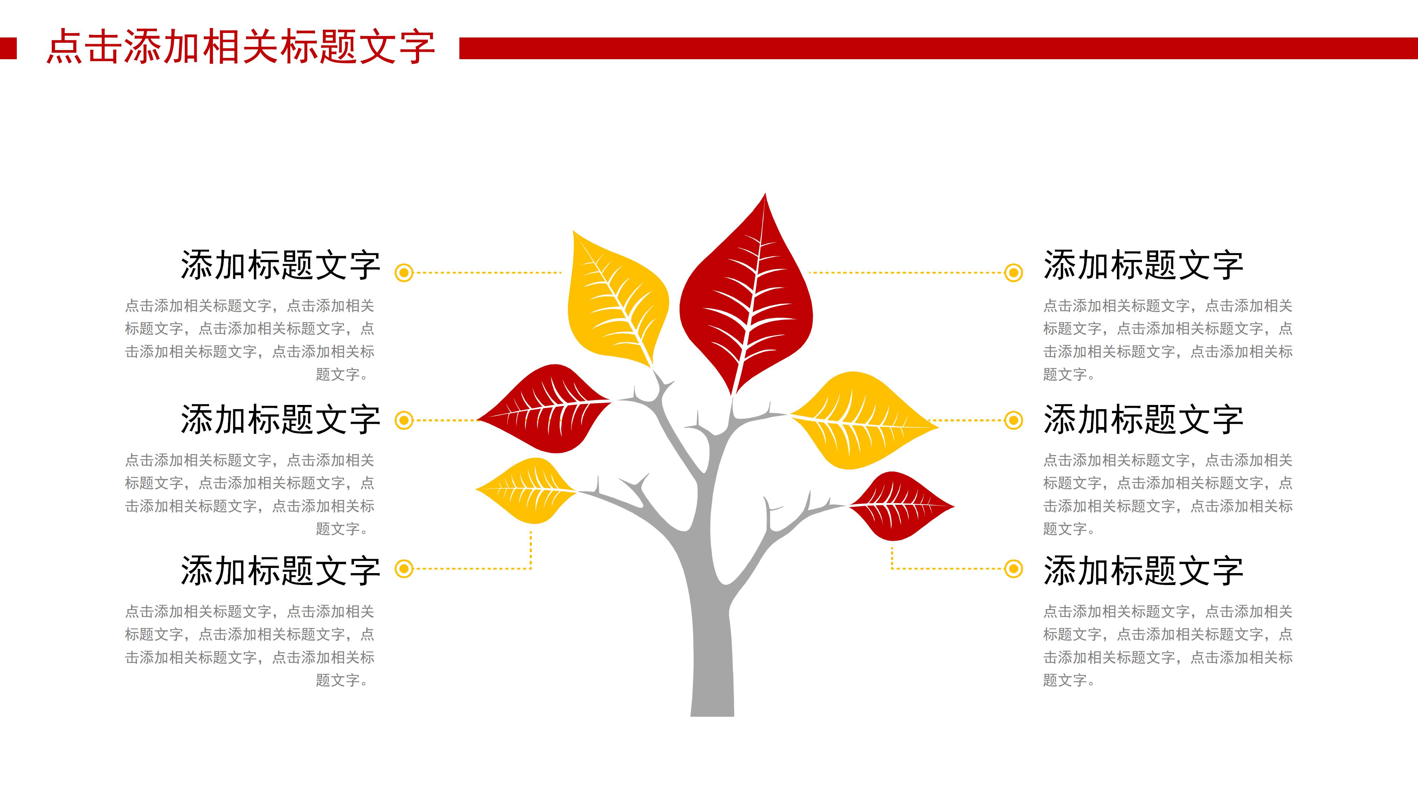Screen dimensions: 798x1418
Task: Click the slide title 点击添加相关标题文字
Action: click(241, 47)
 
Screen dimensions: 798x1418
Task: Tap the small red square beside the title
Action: click(8, 48)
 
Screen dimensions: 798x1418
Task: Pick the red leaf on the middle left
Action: click(545, 409)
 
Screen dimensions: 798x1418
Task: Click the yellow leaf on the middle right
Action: click(862, 421)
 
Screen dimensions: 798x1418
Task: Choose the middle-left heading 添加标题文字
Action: click(280, 420)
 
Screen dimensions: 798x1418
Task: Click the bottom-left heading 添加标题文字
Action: click(280, 571)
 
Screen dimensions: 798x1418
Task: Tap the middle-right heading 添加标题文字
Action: click(1143, 420)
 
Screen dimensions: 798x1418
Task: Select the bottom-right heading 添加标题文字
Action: click(1143, 571)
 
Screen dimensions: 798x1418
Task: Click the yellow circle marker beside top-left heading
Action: click(404, 273)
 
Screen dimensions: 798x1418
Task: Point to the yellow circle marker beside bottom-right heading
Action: click(1013, 568)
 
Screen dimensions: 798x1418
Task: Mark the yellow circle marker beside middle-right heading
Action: click(1013, 421)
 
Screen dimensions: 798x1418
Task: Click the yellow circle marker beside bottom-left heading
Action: click(404, 568)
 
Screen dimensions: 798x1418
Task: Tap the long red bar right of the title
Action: click(936, 48)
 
